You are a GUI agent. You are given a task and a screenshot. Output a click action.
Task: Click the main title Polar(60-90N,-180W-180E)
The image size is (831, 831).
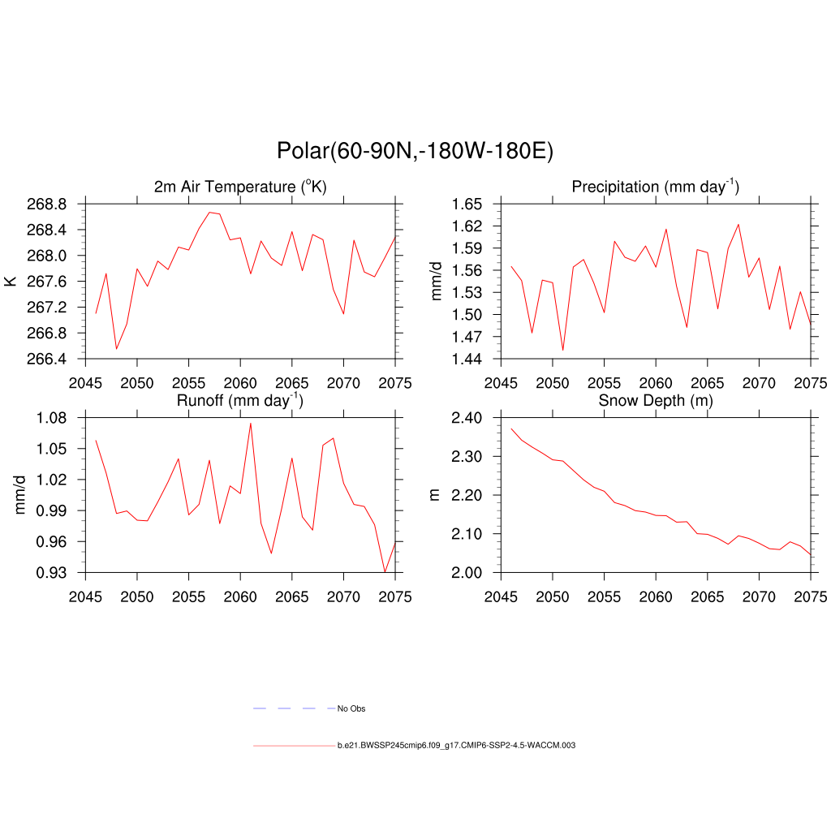(415, 151)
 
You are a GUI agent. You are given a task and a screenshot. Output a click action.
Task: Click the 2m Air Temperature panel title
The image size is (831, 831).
(240, 187)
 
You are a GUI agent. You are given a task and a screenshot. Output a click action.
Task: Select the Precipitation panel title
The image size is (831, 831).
(655, 187)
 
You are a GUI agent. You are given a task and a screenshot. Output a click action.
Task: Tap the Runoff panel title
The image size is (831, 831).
(240, 400)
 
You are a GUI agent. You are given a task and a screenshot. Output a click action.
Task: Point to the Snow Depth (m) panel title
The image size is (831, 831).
(655, 401)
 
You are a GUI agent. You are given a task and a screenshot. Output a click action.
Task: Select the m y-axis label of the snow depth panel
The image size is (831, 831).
(434, 495)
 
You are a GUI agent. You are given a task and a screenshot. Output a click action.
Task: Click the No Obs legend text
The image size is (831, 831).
(351, 709)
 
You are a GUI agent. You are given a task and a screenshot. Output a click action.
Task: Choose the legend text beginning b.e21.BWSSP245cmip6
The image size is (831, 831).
(456, 745)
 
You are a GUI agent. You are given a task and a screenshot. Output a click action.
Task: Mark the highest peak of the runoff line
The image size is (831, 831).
(251, 423)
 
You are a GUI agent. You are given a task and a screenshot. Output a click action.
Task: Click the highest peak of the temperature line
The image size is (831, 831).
(209, 213)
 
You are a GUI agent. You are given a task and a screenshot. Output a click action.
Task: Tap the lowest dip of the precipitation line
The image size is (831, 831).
(563, 351)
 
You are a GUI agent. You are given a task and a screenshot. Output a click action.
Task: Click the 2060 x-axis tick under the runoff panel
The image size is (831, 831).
(240, 597)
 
